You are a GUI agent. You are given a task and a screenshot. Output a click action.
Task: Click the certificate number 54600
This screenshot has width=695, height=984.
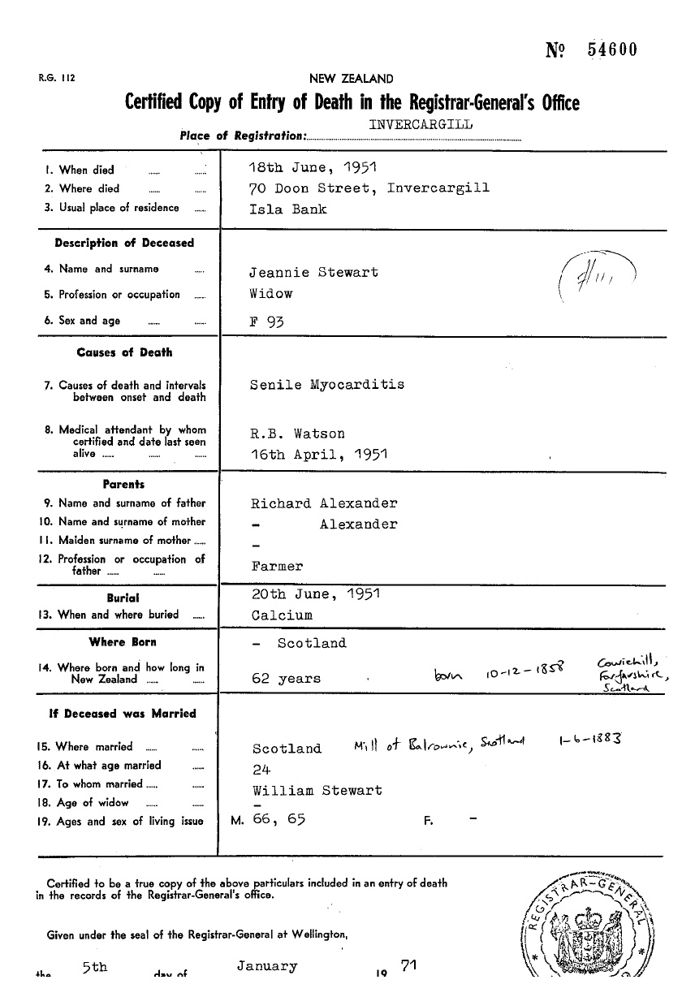(x=612, y=50)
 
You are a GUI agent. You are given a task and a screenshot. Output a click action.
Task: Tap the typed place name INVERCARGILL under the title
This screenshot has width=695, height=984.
(x=421, y=124)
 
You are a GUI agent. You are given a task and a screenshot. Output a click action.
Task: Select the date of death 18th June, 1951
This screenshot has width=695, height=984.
(x=313, y=170)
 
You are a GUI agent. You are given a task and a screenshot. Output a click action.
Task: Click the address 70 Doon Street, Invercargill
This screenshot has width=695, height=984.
(x=369, y=188)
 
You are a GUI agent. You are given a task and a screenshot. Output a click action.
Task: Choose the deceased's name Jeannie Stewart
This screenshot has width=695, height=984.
(x=315, y=272)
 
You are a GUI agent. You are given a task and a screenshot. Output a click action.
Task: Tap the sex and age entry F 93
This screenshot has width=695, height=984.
(x=266, y=321)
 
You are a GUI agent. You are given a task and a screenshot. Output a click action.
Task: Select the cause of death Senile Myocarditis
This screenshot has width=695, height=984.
(x=327, y=384)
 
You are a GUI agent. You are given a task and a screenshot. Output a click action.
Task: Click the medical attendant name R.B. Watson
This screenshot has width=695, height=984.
(x=298, y=434)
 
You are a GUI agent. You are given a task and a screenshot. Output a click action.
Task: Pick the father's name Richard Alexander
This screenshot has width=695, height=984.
(x=324, y=503)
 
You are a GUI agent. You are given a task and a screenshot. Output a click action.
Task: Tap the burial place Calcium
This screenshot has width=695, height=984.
(x=282, y=615)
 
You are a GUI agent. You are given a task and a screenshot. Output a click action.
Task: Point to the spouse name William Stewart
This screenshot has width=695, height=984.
(x=317, y=790)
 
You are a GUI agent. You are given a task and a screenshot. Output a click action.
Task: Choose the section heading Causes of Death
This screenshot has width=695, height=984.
(x=124, y=352)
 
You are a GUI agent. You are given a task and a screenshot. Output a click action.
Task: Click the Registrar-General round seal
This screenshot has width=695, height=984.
(x=598, y=926)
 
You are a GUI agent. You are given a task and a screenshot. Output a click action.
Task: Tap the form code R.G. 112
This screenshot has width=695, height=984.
(x=56, y=79)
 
